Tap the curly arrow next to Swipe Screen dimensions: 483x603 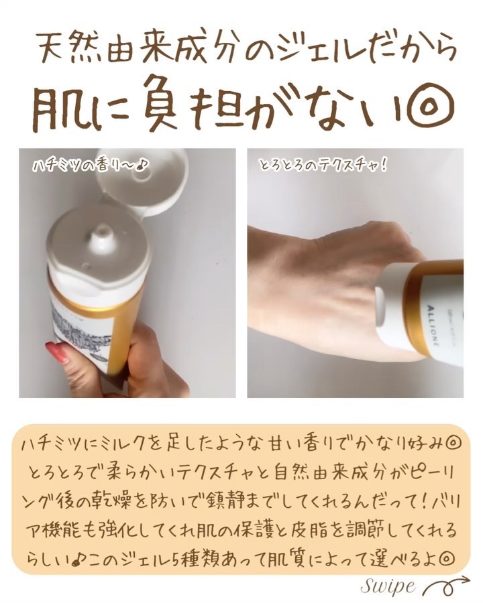[x=446, y=586]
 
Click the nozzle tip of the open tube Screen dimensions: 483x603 [x=101, y=233]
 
